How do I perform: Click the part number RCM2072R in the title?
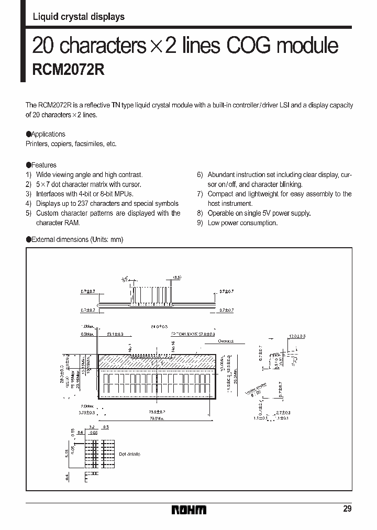coord(69,71)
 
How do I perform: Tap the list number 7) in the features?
coord(199,194)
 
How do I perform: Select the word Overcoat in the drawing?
coord(226,340)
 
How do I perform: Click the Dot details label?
coord(129,454)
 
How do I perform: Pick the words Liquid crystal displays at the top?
coord(79,17)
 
